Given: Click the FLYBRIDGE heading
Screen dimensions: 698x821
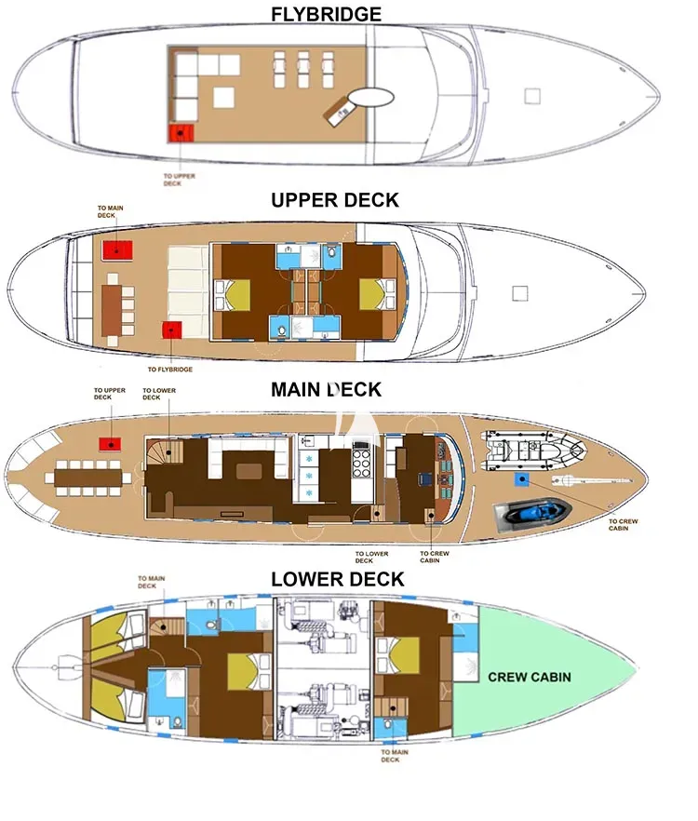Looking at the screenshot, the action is tap(326, 14).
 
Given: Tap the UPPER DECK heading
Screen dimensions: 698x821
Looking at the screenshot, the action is tap(335, 200).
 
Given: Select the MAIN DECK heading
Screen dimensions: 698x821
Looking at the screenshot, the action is tap(326, 389).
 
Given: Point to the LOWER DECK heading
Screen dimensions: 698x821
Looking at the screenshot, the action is tap(338, 579).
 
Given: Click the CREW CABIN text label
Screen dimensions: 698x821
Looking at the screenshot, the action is tap(530, 677).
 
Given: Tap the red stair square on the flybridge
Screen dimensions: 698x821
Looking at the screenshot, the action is tap(181, 133).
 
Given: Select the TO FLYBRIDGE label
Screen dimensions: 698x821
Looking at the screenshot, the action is tap(170, 370).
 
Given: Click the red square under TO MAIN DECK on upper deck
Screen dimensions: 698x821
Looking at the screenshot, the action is tap(117, 250).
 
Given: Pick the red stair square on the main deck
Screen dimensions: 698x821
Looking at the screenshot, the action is tap(110, 445).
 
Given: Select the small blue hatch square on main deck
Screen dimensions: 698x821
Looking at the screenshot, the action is tap(521, 479).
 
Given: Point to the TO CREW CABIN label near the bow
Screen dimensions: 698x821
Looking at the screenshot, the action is tap(624, 525).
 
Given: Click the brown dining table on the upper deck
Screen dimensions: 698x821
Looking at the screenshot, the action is tap(111, 311).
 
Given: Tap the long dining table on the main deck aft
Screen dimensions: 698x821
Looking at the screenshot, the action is tap(88, 478).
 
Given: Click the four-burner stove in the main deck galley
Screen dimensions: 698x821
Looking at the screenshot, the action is tap(361, 464).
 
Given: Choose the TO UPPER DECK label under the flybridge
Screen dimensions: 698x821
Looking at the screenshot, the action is tap(179, 180).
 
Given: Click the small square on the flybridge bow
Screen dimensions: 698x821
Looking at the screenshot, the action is tap(532, 96).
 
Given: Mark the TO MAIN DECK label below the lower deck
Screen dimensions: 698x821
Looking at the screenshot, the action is tap(395, 756).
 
